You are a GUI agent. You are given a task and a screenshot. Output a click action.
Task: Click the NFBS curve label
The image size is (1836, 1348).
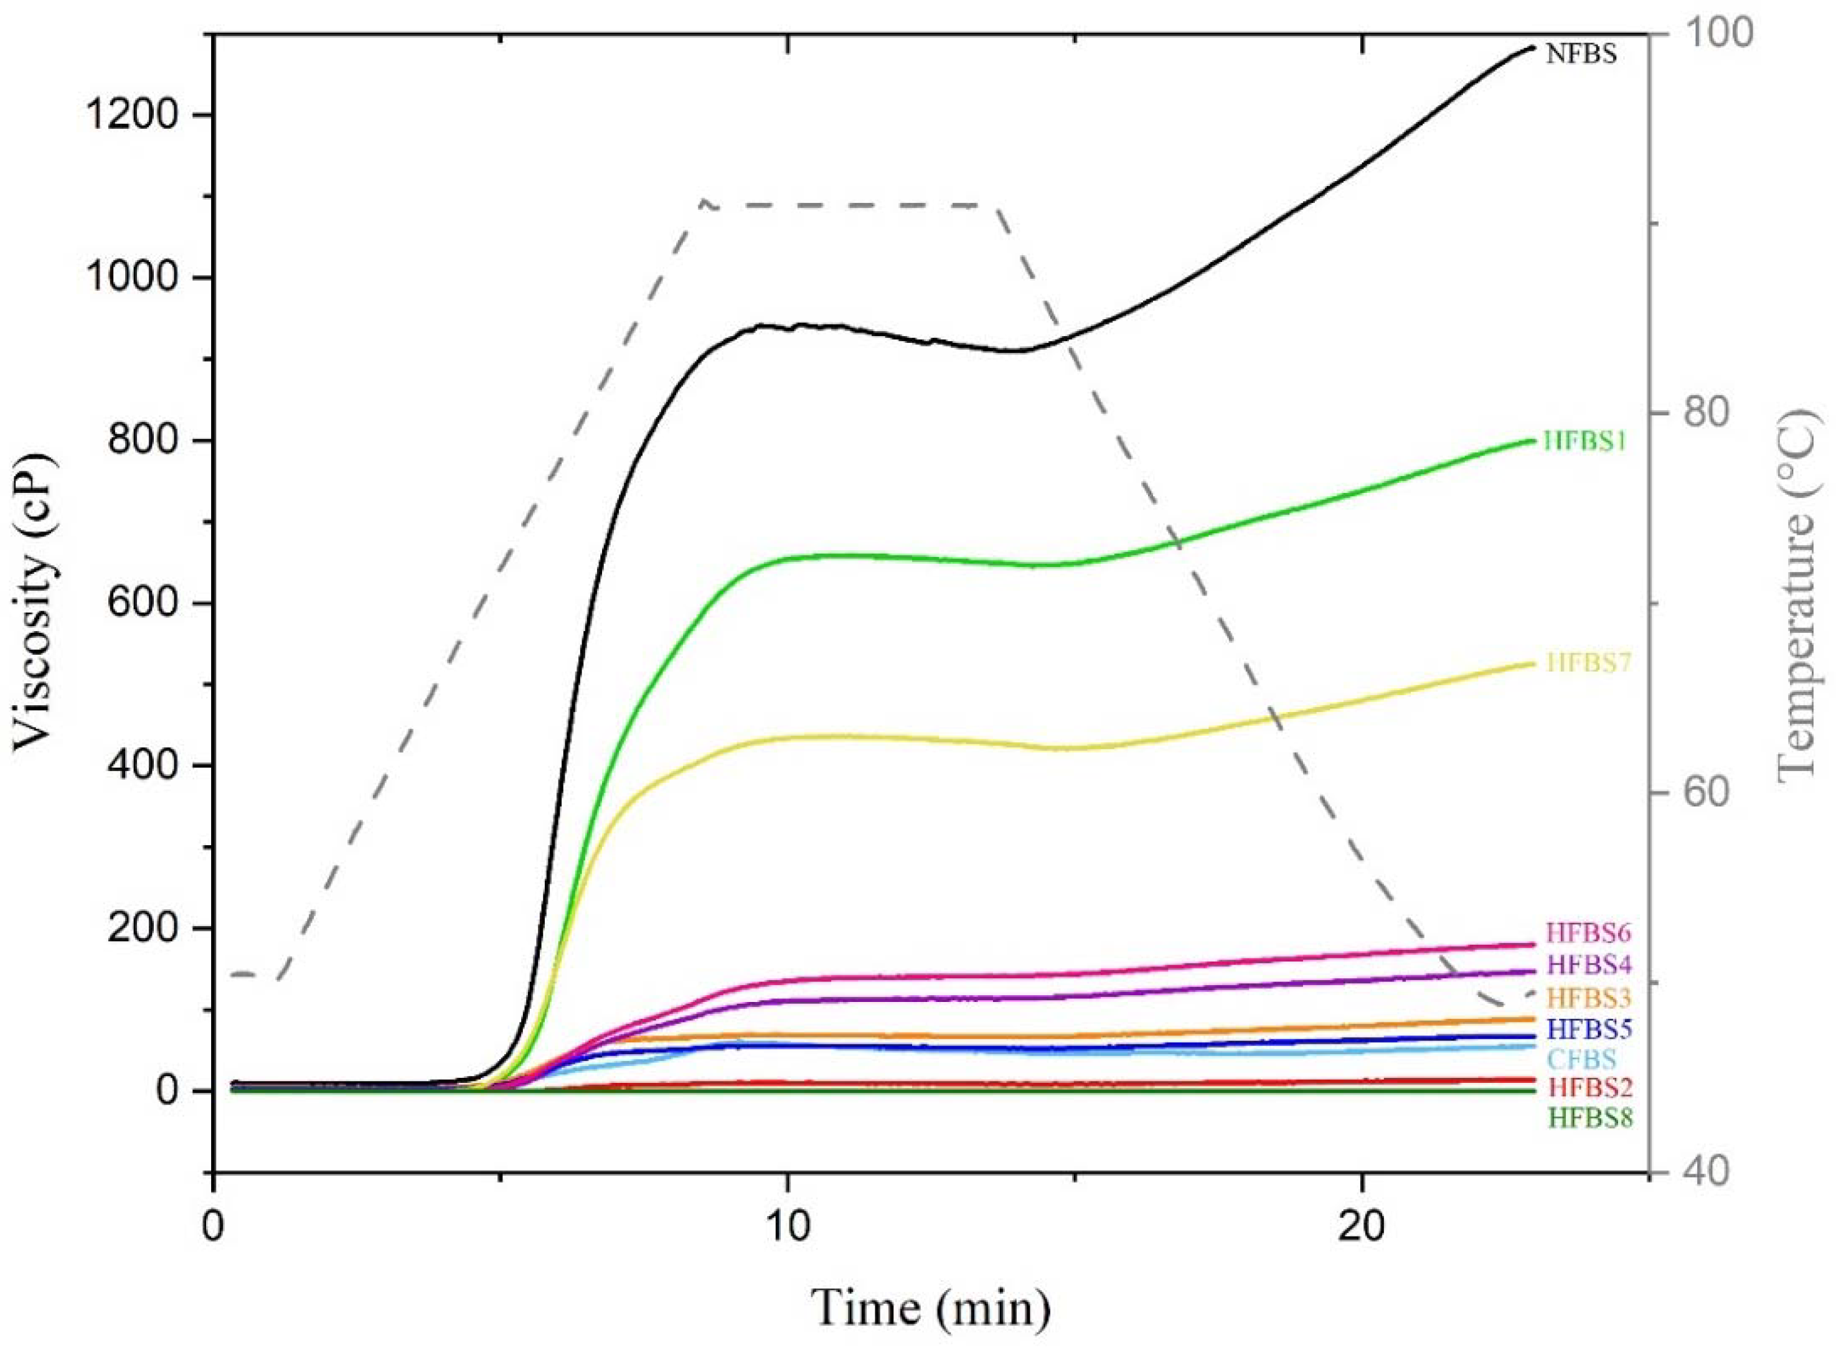(1581, 55)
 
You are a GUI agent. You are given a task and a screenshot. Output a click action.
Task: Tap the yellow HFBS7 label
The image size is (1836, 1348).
(1588, 663)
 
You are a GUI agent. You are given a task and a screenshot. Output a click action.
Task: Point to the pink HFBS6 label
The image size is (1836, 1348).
(1588, 932)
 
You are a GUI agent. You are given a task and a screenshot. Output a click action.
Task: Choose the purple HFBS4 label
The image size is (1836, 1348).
(1588, 965)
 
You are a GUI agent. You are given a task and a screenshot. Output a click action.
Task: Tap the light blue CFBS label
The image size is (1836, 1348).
(1581, 1060)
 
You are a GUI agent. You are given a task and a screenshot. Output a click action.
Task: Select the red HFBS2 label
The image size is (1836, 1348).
(1588, 1088)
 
